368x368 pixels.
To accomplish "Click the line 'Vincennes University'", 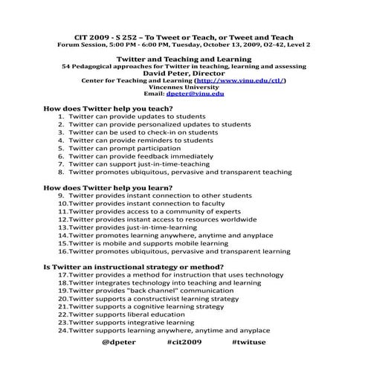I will pos(184,87).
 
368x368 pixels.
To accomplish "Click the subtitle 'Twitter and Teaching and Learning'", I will pos(184,58).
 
